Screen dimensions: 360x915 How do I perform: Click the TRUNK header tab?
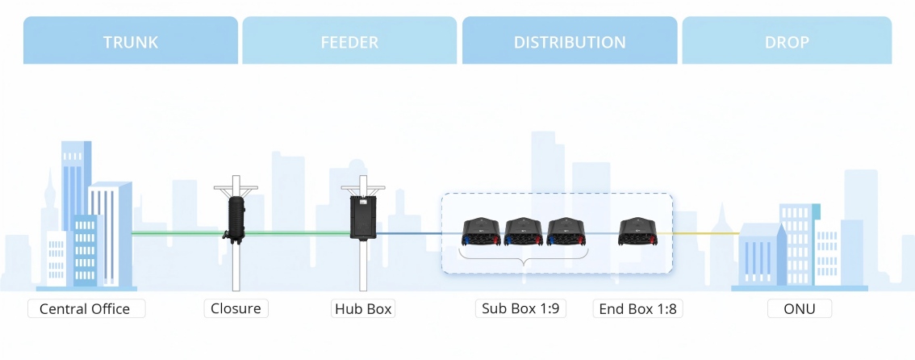tap(131, 41)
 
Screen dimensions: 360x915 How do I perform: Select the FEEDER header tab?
tap(350, 41)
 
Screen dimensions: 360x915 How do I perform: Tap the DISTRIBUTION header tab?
tap(570, 41)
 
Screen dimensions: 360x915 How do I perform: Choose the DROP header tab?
tap(787, 41)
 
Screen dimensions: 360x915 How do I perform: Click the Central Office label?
tap(85, 308)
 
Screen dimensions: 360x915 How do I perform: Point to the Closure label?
tap(235, 308)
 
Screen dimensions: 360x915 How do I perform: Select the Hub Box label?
tap(363, 308)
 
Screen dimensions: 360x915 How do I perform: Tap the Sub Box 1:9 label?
tap(520, 308)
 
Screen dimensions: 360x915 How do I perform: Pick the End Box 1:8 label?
tap(637, 308)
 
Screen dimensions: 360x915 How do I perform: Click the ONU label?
tap(799, 308)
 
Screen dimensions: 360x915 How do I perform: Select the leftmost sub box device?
tap(482, 232)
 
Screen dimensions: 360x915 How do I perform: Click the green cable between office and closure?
tap(178, 234)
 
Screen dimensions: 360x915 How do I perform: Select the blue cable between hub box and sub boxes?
tap(412, 234)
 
